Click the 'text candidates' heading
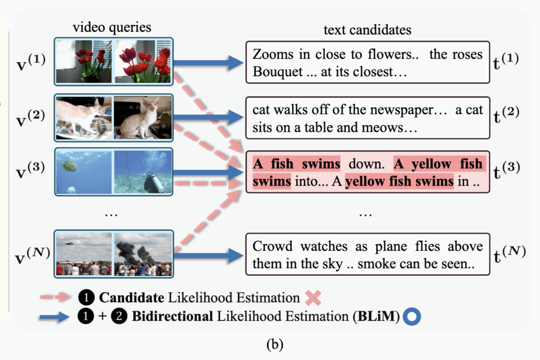(367, 30)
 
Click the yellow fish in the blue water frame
(69, 166)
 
